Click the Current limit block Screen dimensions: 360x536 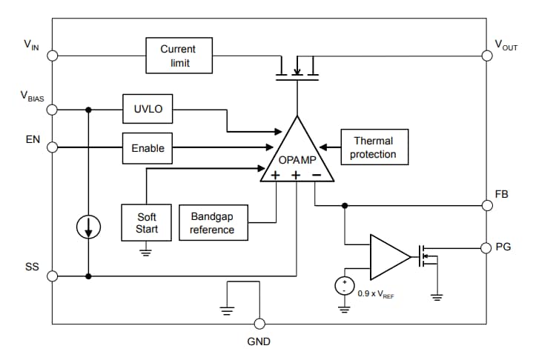coord(178,56)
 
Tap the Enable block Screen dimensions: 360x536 coord(148,147)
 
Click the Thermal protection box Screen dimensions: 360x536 coord(373,147)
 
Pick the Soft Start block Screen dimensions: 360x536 coord(146,223)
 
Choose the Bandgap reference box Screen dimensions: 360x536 coord(212,223)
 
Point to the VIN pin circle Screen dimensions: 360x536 coord(52,55)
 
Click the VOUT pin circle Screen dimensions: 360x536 coord(486,55)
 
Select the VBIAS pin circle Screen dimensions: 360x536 coord(52,110)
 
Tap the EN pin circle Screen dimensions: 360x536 coord(52,147)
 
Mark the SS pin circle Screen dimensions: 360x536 coord(52,276)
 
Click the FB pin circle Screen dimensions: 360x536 coord(486,205)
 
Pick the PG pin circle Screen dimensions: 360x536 coord(486,247)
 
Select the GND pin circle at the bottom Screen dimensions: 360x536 coord(259,324)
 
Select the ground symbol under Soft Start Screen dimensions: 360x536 coord(146,253)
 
